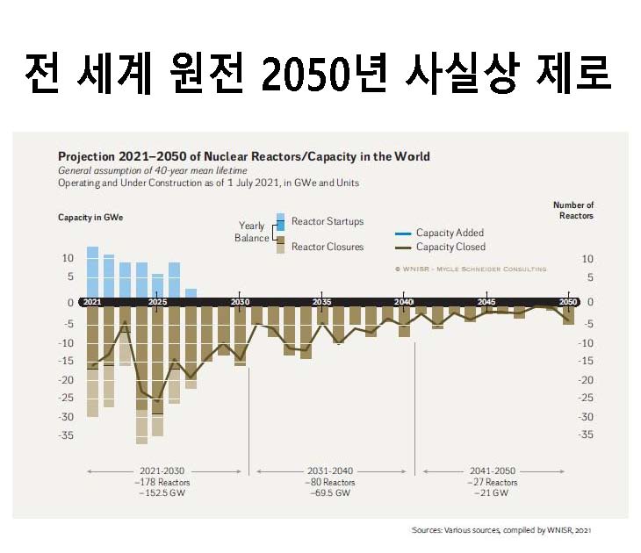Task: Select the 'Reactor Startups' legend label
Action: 328,221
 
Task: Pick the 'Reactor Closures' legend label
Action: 328,247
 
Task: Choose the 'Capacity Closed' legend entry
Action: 450,248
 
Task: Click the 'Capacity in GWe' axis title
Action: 90,217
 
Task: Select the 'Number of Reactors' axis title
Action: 573,210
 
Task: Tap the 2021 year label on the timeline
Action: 92,302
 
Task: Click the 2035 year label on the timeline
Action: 321,302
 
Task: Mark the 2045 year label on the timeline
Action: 486,302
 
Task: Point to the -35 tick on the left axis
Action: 68,435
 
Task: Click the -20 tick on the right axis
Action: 590,380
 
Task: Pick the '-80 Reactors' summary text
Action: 330,483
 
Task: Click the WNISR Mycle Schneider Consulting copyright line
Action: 470,269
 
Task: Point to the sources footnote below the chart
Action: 508,530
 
